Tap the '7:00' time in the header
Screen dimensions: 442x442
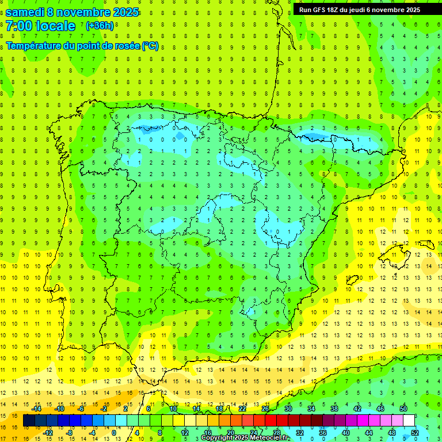pyautogui.click(x=19, y=26)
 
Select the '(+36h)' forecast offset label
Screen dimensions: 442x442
pyautogui.click(x=100, y=25)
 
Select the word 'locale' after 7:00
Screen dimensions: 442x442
pyautogui.click(x=55, y=26)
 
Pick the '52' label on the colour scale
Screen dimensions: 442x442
pyautogui.click(x=414, y=433)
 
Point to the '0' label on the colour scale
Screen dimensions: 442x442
pyautogui.click(x=115, y=433)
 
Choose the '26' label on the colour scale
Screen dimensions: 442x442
pyautogui.click(x=265, y=409)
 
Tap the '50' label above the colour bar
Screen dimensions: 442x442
pyautogui.click(x=403, y=409)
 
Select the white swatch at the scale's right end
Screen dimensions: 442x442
pyautogui.click(x=409, y=421)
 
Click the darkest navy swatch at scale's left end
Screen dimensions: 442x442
pyautogui.click(x=29, y=421)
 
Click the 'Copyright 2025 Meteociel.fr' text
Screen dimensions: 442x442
pyautogui.click(x=246, y=438)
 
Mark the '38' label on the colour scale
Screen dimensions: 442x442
pyautogui.click(x=334, y=409)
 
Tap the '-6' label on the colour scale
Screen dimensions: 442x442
pyautogui.click(x=81, y=409)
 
